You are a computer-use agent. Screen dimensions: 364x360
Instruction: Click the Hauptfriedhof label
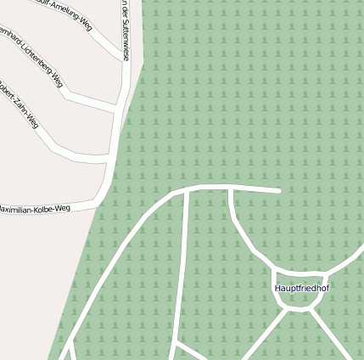click(301, 289)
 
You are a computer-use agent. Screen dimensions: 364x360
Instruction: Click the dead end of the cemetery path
click(278, 190)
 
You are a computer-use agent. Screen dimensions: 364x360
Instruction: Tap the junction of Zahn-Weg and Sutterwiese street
click(111, 158)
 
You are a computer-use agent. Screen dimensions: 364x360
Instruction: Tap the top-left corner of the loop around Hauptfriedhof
click(275, 273)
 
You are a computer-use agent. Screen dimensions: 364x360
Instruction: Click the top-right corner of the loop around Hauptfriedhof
click(326, 273)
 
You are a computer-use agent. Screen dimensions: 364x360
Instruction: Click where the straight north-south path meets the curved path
click(187, 192)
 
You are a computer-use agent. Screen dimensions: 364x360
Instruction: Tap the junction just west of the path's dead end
click(231, 188)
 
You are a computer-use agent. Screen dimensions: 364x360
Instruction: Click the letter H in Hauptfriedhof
click(277, 289)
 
